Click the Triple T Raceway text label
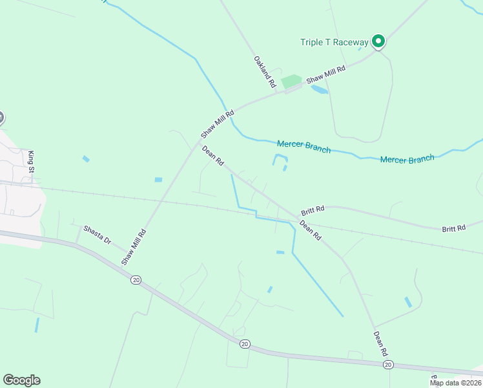coord(334,43)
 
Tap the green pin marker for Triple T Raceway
coord(378,41)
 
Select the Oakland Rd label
coord(265,72)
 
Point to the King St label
coord(30,161)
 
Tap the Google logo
coord(21,380)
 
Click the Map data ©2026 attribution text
coord(455,383)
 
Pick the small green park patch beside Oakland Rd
coord(291,81)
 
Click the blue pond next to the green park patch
coord(319,89)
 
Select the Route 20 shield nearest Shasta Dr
coord(135,279)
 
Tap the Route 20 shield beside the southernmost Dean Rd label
coord(387,365)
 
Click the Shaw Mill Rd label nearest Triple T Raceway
coord(325,74)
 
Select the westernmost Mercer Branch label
coord(303,147)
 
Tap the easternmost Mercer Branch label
coord(407,159)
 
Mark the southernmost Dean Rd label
coord(380,344)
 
